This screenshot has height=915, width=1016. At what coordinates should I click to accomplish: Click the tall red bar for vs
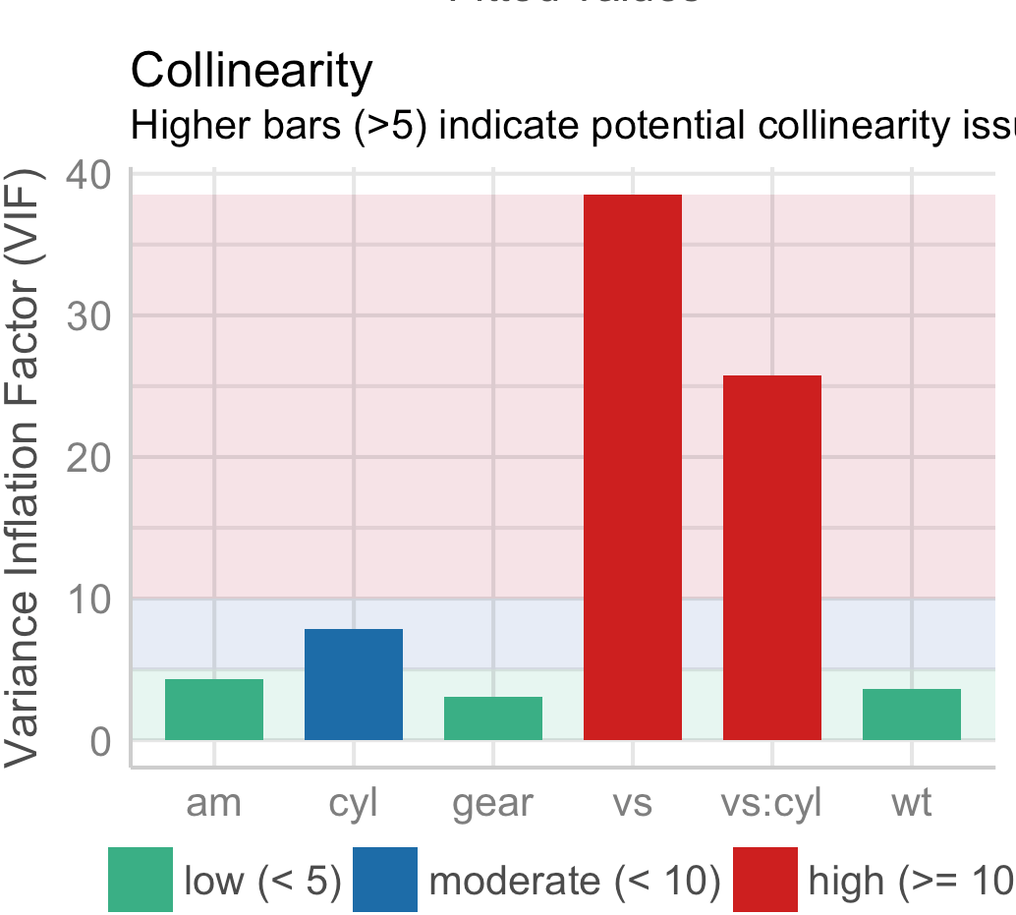(632, 467)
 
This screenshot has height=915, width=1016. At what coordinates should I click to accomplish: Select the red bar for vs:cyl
(771, 557)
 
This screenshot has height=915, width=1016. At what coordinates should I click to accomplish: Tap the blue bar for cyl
(353, 684)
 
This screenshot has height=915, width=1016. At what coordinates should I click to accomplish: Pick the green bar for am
(213, 709)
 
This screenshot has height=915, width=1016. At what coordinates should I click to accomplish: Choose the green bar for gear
(492, 717)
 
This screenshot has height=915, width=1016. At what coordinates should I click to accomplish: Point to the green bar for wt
(911, 714)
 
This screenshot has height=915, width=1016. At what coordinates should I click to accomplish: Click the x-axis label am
(213, 803)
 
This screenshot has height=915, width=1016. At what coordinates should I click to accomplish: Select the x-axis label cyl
(353, 803)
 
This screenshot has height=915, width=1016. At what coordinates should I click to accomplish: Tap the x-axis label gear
(492, 804)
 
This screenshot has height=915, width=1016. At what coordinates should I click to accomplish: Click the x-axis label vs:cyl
(771, 803)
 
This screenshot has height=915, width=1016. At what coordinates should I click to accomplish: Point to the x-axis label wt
(911, 803)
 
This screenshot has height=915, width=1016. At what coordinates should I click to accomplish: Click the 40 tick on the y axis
(92, 175)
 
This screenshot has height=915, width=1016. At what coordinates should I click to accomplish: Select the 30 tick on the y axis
(92, 316)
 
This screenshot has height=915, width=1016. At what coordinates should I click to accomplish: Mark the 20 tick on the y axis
(92, 458)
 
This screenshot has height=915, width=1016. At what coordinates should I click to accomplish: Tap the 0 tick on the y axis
(102, 741)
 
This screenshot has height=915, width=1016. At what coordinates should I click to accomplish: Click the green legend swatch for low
(141, 879)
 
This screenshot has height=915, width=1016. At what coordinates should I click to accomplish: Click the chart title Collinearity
(252, 71)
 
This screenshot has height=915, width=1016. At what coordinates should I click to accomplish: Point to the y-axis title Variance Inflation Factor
(26, 467)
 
